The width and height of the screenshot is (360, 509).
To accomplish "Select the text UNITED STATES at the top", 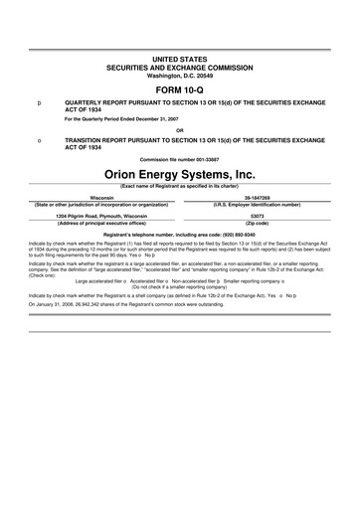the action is tap(179, 61).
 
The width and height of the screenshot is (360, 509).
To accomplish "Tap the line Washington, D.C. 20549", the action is tap(179, 76).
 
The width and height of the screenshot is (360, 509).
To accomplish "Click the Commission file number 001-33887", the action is tap(179, 159).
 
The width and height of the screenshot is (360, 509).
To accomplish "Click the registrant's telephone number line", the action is tap(179, 232).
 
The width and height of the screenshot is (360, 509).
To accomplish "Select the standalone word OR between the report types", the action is tap(179, 130).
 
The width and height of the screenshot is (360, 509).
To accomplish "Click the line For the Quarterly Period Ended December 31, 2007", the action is tap(121, 119).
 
